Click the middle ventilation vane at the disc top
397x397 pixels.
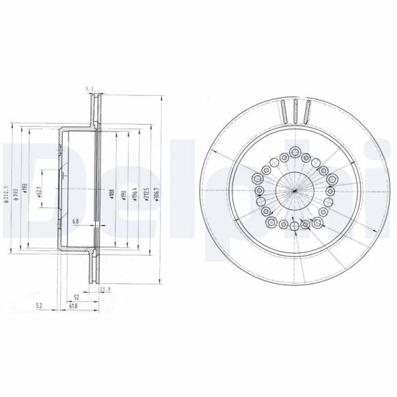tap(295, 110)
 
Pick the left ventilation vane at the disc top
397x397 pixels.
tap(283, 111)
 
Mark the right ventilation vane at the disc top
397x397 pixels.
tap(308, 111)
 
